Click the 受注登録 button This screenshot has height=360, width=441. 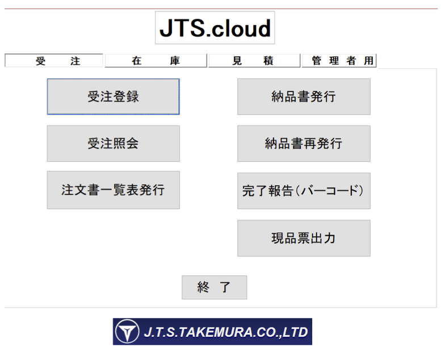pyautogui.click(x=113, y=97)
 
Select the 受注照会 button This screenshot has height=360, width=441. pyautogui.click(x=113, y=144)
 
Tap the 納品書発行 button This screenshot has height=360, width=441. pyautogui.click(x=304, y=97)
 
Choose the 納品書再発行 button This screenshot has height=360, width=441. pyautogui.click(x=304, y=144)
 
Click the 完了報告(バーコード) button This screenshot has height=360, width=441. pyautogui.click(x=304, y=191)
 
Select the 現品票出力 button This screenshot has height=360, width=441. pyautogui.click(x=304, y=238)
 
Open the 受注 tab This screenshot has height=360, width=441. pyautogui.click(x=54, y=61)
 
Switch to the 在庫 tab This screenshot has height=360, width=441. pyautogui.click(x=156, y=61)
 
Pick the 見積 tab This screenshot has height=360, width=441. pyautogui.click(x=254, y=61)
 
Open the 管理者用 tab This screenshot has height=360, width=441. pyautogui.click(x=339, y=61)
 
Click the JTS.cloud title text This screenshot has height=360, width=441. pyautogui.click(x=215, y=28)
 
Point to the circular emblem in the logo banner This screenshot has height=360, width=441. pyautogui.click(x=127, y=331)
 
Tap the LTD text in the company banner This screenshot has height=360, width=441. pyautogui.click(x=295, y=332)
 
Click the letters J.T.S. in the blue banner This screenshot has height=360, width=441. pyautogui.click(x=160, y=332)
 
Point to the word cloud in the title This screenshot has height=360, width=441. pyautogui.click(x=241, y=28)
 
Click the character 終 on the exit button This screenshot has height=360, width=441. pyautogui.click(x=203, y=287)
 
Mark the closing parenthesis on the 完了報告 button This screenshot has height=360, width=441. pyautogui.click(x=361, y=191)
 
